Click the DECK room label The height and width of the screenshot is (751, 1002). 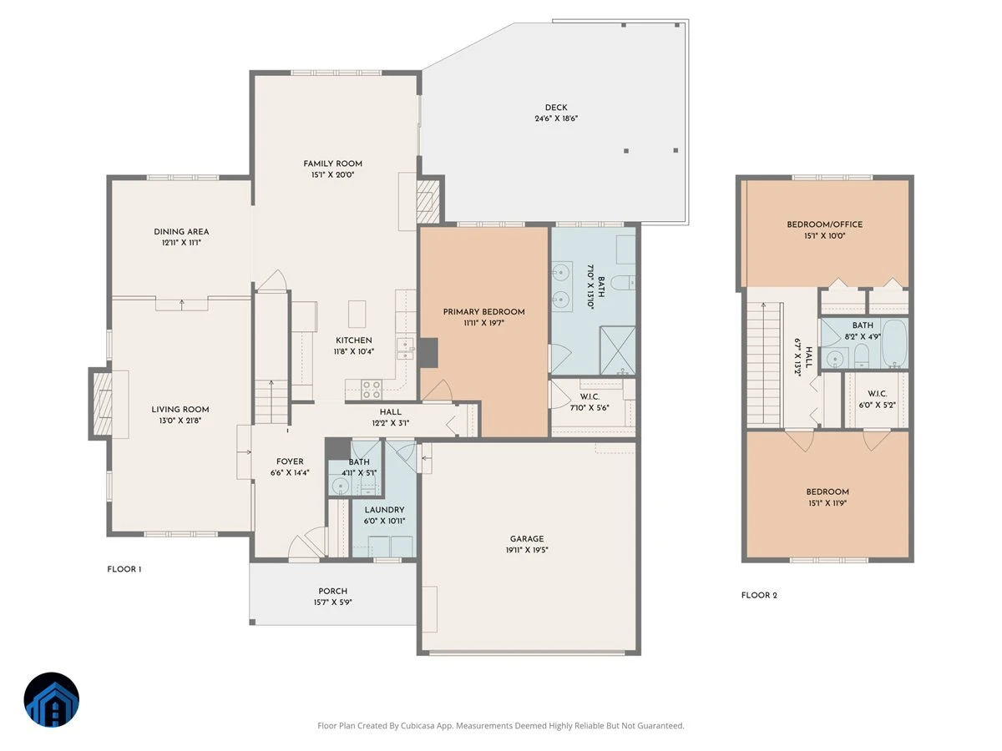555,108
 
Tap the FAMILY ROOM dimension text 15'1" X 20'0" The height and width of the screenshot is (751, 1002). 332,174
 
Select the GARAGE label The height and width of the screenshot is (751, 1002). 526,538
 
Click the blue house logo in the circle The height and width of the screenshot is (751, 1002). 52,699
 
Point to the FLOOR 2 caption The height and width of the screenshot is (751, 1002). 759,595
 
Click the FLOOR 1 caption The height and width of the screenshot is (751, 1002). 124,569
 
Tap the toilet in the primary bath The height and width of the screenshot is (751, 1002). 623,283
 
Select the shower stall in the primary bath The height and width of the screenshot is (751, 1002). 617,350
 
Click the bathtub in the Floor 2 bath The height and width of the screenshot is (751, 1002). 894,344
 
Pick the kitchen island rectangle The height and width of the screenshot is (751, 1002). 357,314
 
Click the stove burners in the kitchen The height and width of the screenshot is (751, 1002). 372,390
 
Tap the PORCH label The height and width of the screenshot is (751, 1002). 333,591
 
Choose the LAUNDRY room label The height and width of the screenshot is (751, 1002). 384,510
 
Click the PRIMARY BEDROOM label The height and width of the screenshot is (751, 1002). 483,312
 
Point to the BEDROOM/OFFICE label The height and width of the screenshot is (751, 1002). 824,224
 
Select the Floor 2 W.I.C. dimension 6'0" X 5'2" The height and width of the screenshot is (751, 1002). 877,405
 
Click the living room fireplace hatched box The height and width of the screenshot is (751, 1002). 103,404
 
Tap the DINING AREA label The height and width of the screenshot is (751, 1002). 181,232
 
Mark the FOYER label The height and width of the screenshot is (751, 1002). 290,461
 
